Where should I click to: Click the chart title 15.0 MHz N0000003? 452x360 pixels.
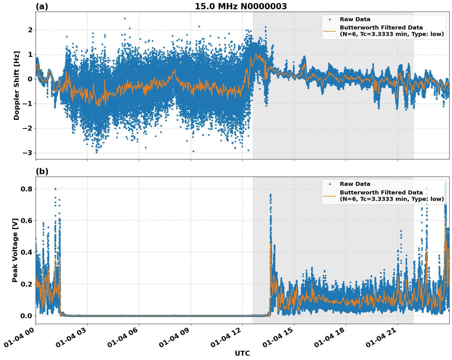point(241,6)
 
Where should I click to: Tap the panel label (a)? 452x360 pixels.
point(42,6)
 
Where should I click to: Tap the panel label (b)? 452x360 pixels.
point(42,171)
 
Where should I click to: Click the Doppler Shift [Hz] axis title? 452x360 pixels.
point(17,85)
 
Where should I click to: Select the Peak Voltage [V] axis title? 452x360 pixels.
point(15,250)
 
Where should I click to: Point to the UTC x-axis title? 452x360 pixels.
point(242,353)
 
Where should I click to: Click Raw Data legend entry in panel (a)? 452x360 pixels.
point(355,19)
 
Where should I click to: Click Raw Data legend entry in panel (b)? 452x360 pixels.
point(355,184)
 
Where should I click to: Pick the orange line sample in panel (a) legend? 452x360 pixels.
point(330,31)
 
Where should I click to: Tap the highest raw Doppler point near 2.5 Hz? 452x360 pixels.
point(125,18)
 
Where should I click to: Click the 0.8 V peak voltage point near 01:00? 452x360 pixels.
point(55,189)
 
